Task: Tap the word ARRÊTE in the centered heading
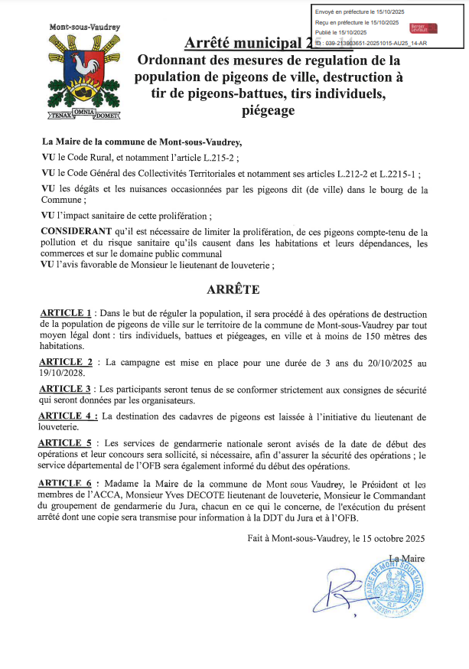pyautogui.click(x=233, y=290)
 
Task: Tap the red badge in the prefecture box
pyautogui.click(x=424, y=28)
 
